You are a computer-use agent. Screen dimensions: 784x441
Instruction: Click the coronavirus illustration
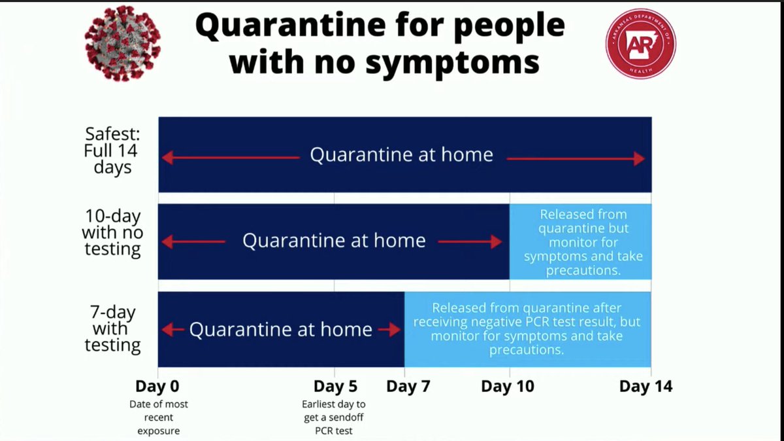(122, 44)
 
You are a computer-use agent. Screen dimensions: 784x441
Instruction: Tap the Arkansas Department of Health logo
(640, 44)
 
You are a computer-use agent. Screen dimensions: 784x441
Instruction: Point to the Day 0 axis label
(158, 386)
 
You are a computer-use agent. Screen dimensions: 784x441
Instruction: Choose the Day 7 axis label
(408, 386)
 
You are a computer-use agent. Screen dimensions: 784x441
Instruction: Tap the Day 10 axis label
(508, 386)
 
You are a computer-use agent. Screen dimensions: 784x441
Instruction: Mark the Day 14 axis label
(645, 386)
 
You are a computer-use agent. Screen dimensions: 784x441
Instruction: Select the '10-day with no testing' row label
(112, 232)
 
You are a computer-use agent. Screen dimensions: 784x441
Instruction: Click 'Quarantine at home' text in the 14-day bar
(401, 155)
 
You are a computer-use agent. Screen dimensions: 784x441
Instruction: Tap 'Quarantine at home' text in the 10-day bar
(334, 241)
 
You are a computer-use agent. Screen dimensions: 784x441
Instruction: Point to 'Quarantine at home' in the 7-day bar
(281, 329)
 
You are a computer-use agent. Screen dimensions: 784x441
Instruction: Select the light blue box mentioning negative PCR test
(527, 328)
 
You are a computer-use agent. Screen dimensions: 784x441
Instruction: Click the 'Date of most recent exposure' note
(158, 417)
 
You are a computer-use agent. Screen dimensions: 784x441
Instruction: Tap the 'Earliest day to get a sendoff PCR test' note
(334, 417)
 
